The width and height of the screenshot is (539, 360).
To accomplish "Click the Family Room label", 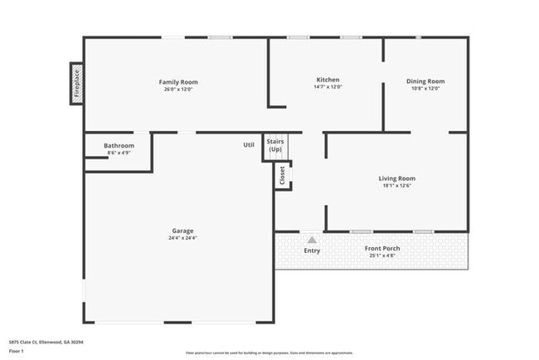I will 178,82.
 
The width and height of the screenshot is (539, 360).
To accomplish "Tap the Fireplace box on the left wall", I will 76,85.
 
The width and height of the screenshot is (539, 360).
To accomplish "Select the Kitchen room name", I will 328,80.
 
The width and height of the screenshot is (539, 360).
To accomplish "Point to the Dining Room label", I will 425,81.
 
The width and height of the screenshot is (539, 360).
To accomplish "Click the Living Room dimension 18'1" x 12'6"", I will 397,186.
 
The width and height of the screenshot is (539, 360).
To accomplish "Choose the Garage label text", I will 183,231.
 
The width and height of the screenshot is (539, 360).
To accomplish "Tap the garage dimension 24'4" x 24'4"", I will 183,238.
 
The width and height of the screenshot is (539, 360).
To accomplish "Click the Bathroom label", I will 119,146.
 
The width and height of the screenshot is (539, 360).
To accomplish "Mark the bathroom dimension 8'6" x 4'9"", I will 119,153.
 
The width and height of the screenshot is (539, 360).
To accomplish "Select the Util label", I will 249,145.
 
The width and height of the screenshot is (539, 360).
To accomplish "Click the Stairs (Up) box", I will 275,145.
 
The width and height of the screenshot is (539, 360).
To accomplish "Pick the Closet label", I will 283,176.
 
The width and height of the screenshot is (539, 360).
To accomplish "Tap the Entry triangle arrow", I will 312,239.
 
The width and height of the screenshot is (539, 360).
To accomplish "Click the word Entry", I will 312,251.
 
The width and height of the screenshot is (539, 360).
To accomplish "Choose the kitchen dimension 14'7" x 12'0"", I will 328,87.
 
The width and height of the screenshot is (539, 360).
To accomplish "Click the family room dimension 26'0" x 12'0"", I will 178,90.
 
